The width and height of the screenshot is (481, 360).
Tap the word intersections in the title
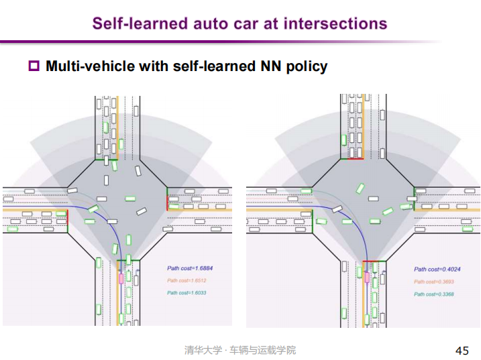point(335,23)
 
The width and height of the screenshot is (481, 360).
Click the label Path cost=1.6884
point(189,268)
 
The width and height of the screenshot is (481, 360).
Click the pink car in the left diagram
point(121,276)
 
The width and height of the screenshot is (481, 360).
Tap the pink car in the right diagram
point(366,277)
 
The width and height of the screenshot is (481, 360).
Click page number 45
point(462,351)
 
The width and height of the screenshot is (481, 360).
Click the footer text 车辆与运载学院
point(262,351)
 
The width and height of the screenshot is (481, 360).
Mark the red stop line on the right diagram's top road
point(352,159)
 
